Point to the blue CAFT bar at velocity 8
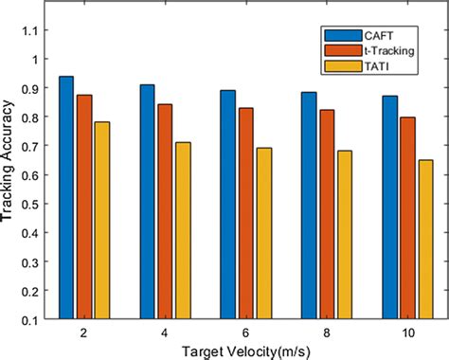309,205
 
